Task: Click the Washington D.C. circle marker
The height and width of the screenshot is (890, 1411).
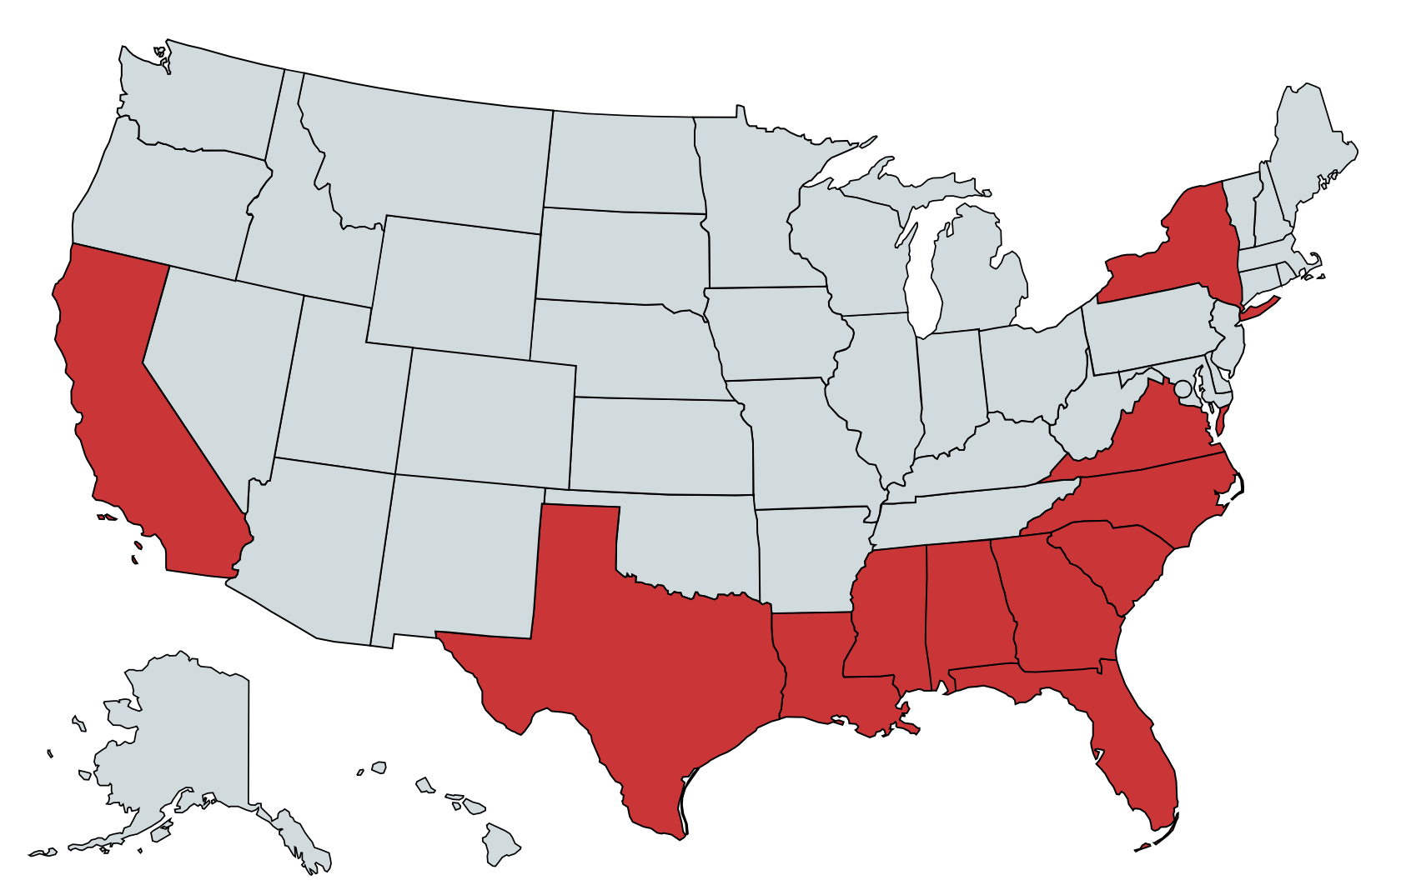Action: click(1183, 388)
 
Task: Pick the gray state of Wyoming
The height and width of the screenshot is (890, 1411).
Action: click(454, 283)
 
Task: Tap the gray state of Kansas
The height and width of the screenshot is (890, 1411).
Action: click(659, 446)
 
